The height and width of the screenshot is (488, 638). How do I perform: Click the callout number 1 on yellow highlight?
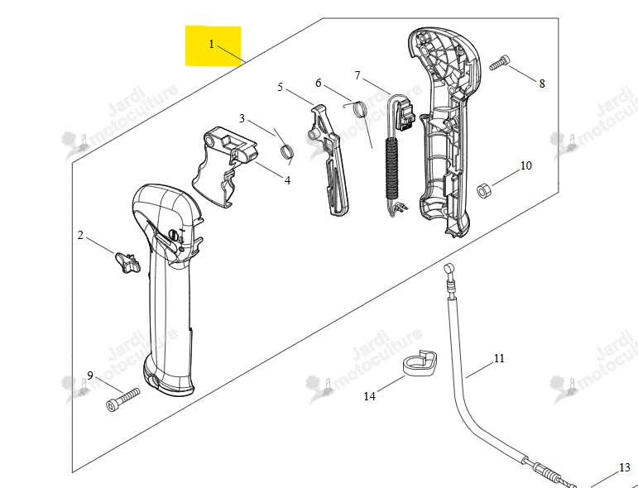[x=212, y=44]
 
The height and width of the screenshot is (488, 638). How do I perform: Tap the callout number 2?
[x=80, y=235]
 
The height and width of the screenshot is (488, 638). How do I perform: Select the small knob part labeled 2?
[x=127, y=262]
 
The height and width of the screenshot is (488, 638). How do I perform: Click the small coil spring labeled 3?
[x=287, y=151]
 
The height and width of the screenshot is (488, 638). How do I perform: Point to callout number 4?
[x=288, y=180]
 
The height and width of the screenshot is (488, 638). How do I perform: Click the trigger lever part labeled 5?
[x=329, y=160]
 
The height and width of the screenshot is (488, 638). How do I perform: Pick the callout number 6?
[x=319, y=83]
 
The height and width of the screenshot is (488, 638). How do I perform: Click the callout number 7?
[x=357, y=75]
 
